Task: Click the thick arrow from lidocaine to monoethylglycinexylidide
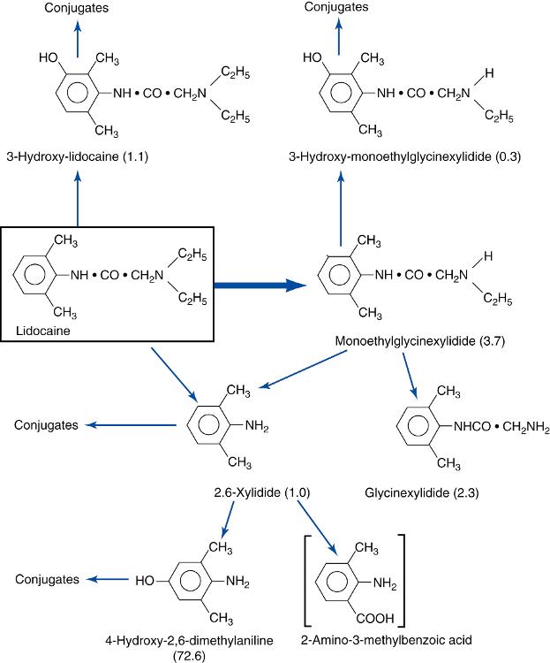(x=260, y=285)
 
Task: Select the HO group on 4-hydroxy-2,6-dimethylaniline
(x=148, y=581)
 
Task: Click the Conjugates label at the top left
(x=77, y=8)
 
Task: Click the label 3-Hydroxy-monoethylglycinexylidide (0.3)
(x=404, y=157)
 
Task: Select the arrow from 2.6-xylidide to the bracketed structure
(x=315, y=528)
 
